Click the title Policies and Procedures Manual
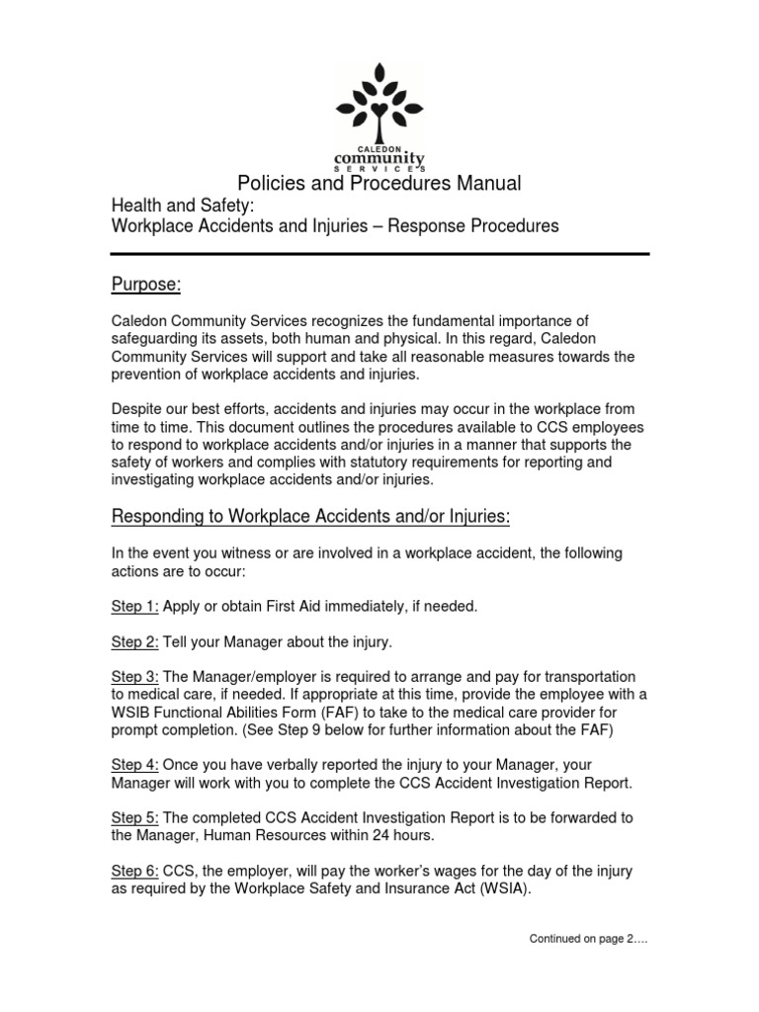[379, 184]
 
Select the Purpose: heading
[145, 285]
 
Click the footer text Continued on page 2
[588, 939]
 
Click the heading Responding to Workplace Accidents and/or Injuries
[310, 517]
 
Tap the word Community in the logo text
[379, 158]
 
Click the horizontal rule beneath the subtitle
[379, 254]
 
